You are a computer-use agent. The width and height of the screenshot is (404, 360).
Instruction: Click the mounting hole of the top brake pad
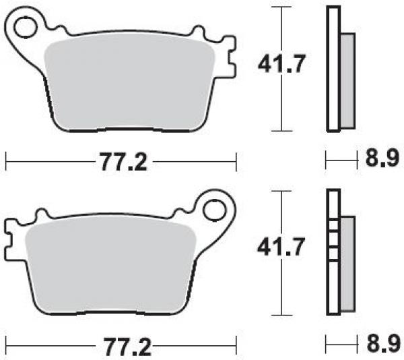click(x=25, y=28)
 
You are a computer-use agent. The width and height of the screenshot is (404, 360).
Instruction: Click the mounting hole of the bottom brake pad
click(x=214, y=210)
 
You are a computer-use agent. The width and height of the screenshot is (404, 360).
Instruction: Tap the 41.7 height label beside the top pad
click(x=281, y=63)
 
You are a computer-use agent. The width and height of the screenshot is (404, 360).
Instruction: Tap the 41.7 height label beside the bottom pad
click(x=281, y=246)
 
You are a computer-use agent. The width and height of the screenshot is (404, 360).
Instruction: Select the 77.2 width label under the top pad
click(x=124, y=162)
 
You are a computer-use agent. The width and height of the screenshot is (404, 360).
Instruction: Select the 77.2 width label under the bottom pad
click(x=127, y=347)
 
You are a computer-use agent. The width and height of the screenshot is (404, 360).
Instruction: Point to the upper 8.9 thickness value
click(x=382, y=158)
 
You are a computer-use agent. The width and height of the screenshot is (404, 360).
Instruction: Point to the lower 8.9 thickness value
click(x=383, y=343)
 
